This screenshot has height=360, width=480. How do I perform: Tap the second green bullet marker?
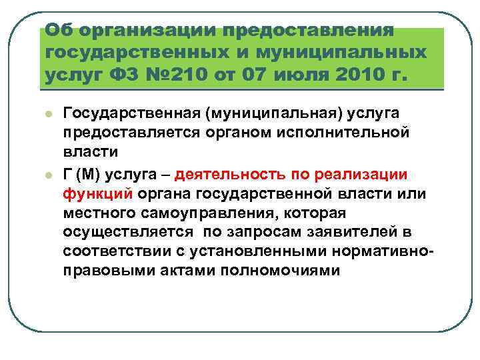click(49, 175)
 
